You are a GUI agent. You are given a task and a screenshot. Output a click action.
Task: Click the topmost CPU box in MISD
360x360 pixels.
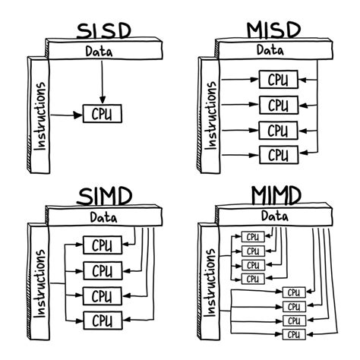278,80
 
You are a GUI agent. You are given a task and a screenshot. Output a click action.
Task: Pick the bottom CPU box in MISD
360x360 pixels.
278,155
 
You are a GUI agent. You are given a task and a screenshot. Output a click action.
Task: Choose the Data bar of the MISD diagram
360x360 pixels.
266,51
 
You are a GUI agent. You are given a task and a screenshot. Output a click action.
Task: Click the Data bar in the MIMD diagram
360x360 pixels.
266,217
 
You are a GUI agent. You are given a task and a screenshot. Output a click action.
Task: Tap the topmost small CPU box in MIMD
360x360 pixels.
252,236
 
